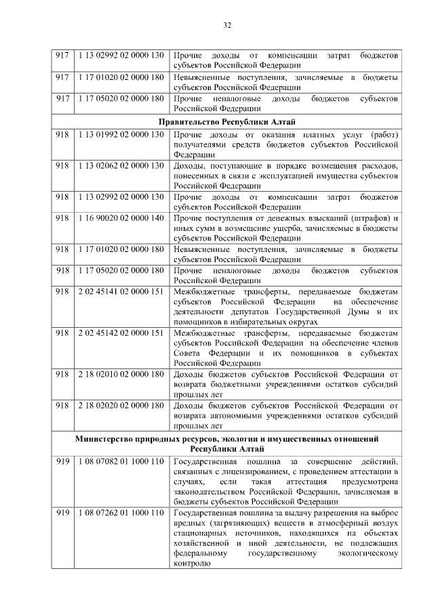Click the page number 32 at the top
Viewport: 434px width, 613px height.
[227, 26]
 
